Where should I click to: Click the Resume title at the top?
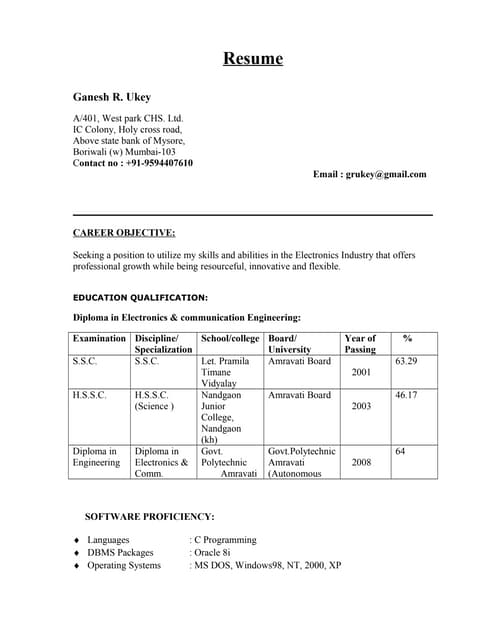tap(252, 58)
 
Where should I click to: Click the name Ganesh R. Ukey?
tap(111, 97)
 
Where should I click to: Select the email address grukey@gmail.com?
tap(386, 174)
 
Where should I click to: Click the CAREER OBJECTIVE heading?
tap(124, 232)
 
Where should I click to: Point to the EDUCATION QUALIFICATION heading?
tap(140, 297)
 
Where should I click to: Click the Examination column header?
tap(100, 338)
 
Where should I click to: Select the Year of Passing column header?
tap(360, 344)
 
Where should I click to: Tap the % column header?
tap(407, 338)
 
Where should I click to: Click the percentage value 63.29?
tap(406, 361)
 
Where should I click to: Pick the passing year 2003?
tap(361, 407)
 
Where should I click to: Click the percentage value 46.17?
tap(406, 395)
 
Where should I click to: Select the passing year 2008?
tap(361, 463)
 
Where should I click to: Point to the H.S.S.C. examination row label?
tap(90, 395)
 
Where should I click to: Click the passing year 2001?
tap(361, 372)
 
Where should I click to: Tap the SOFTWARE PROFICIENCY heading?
tap(150, 516)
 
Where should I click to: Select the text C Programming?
tap(225, 539)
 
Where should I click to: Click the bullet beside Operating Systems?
tap(77, 566)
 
